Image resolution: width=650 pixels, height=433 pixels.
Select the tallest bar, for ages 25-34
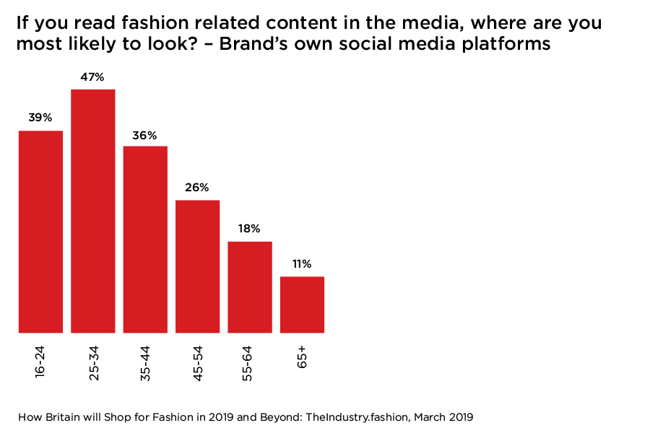(93, 211)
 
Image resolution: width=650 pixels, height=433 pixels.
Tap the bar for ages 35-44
(145, 239)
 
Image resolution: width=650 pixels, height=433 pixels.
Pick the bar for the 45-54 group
(197, 266)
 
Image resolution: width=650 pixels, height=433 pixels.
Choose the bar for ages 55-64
(250, 287)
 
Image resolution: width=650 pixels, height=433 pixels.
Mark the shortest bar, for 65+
(302, 305)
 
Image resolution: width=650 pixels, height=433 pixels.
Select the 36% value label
(145, 135)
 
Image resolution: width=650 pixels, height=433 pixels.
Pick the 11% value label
(302, 265)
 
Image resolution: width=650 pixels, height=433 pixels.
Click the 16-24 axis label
(40, 360)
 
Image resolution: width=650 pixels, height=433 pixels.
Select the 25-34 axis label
(93, 362)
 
